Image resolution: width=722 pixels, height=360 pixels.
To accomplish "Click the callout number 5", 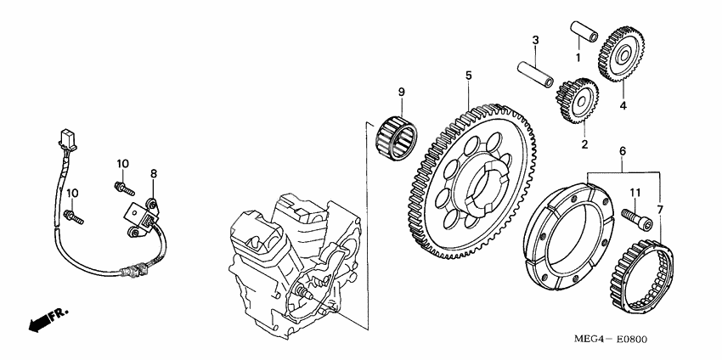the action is [x=468, y=75].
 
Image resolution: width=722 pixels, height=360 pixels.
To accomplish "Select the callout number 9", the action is [x=402, y=92].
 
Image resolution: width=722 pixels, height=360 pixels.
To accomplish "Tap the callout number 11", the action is [x=635, y=194].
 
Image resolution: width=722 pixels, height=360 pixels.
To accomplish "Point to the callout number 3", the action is [x=535, y=40].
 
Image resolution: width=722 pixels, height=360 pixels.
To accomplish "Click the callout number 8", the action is [x=154, y=173].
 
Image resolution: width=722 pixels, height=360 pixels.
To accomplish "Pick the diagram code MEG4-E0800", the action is [x=610, y=340].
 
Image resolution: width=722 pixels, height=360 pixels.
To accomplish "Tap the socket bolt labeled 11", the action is [x=637, y=220].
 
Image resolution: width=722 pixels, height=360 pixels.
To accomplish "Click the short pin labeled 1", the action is [x=584, y=31].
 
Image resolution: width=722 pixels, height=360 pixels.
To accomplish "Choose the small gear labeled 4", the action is [x=621, y=53].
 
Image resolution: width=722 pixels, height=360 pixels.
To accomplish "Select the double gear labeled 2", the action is [x=577, y=101].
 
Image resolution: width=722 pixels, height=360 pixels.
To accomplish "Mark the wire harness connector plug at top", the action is [x=66, y=139].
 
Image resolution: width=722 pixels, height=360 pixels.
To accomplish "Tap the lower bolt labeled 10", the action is [x=74, y=217].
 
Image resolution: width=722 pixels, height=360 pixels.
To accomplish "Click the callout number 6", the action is [x=623, y=151].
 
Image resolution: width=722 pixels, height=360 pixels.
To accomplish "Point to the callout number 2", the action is [x=584, y=144].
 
